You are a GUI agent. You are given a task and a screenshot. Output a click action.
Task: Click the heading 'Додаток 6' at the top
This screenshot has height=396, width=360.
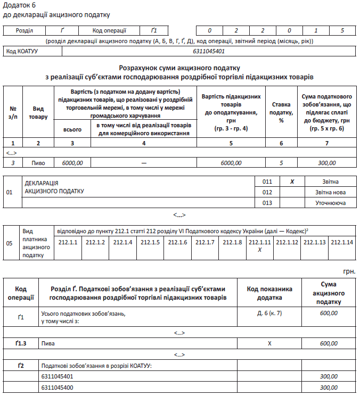[20, 5]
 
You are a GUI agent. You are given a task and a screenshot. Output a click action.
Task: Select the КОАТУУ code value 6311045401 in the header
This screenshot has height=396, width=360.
[209, 52]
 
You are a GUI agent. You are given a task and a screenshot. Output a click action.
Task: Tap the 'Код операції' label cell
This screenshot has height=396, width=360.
[110, 31]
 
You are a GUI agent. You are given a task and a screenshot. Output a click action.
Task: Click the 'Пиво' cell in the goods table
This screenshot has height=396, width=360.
[38, 163]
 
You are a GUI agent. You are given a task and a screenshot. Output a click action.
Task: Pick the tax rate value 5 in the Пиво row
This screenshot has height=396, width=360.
[282, 163]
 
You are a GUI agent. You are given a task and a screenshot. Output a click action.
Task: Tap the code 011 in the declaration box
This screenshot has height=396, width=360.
[267, 181]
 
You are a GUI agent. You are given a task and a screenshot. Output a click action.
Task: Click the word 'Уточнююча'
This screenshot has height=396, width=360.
[331, 203]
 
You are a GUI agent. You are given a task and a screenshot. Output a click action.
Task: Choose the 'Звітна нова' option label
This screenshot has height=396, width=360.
[331, 192]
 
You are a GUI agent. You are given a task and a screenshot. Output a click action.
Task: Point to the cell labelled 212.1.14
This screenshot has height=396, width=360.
[342, 243]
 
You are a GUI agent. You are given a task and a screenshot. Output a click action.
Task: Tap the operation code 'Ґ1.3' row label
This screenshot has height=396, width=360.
[21, 344]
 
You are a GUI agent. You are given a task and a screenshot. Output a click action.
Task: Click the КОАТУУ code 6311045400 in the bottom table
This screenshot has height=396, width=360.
[57, 387]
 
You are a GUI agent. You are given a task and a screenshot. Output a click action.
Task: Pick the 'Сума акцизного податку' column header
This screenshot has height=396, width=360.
[329, 293]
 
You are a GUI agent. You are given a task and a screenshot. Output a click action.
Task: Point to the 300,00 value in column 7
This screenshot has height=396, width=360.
[327, 163]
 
